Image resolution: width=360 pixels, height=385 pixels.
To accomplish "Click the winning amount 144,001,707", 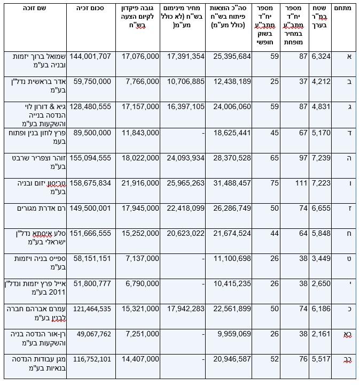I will click(89, 56).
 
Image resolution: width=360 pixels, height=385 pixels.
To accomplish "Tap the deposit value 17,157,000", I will click(140, 106).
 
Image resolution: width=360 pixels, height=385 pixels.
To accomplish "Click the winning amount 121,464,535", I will click(89, 309).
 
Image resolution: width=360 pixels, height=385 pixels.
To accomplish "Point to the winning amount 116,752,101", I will click(89, 359).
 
